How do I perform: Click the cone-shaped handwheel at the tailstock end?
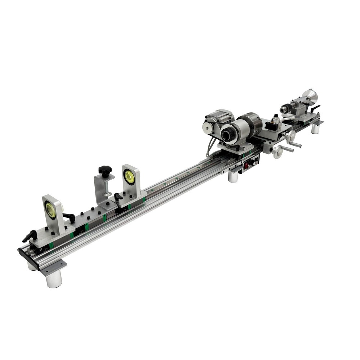pyautogui.click(x=310, y=96)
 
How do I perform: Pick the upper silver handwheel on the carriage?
pyautogui.click(x=290, y=136)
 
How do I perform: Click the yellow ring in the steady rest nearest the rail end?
pyautogui.click(x=50, y=210)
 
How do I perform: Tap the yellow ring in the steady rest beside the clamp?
pyautogui.click(x=129, y=177)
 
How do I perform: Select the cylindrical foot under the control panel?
pyautogui.click(x=233, y=176)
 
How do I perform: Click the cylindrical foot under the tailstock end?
pyautogui.click(x=315, y=129)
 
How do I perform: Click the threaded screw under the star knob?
pyautogui.click(x=106, y=185)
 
